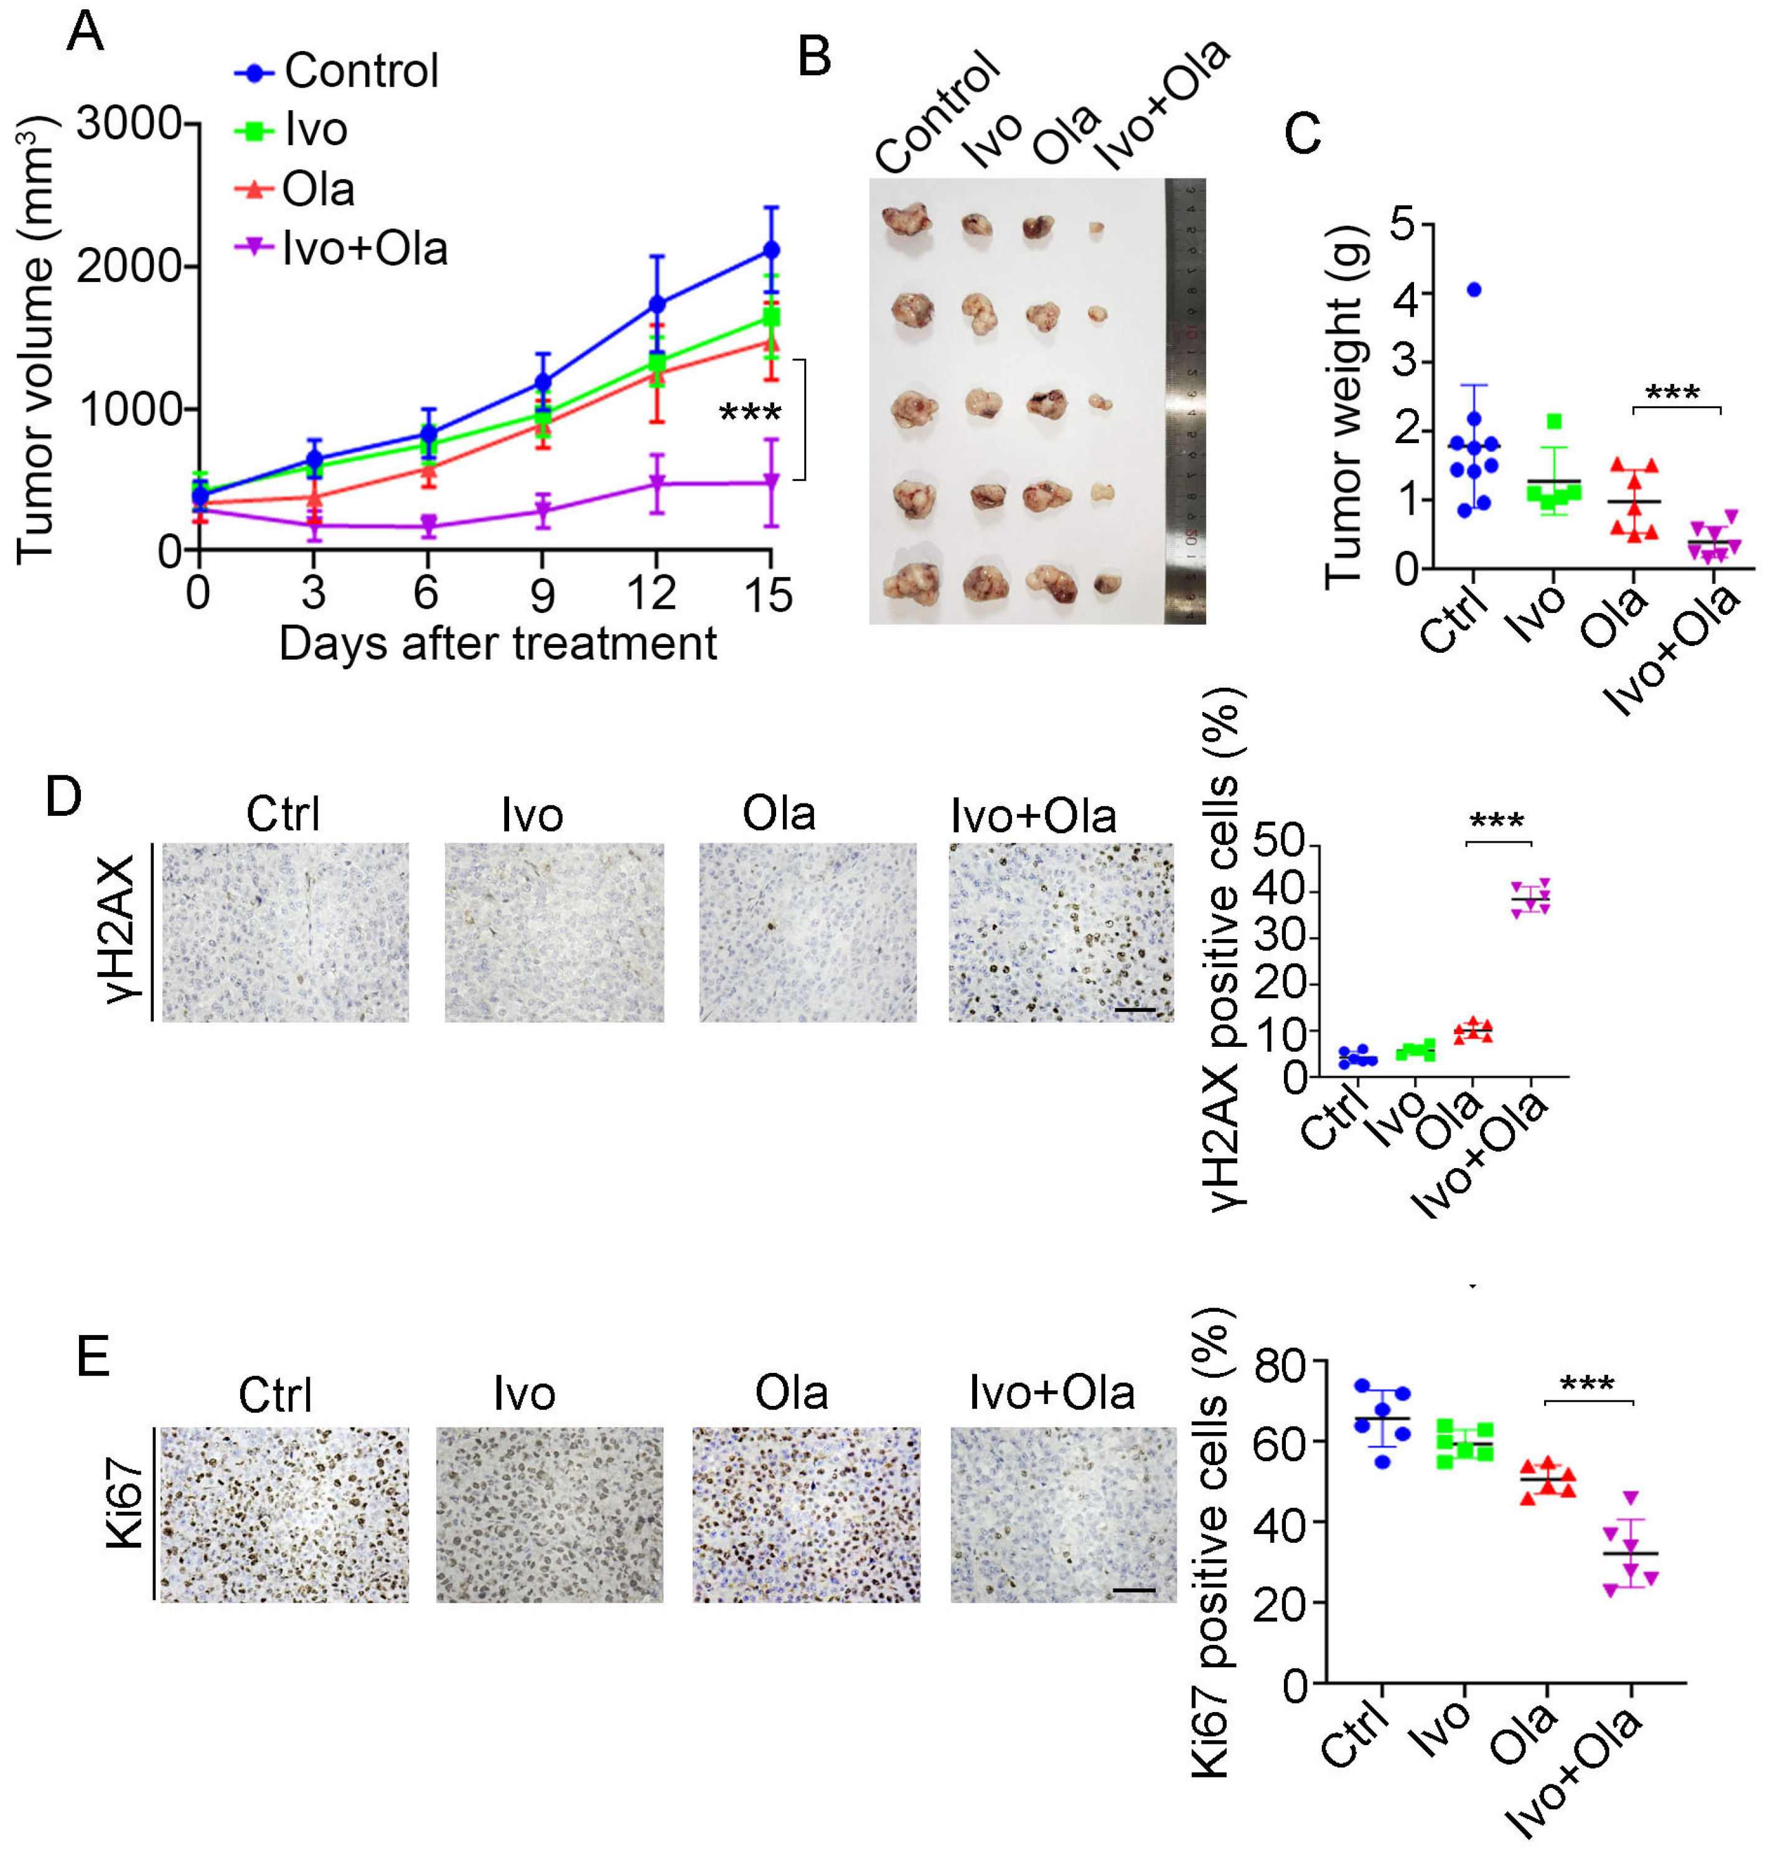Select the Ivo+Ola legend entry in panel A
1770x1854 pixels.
[364, 249]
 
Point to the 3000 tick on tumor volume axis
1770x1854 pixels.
[129, 124]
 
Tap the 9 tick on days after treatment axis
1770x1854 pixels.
[541, 594]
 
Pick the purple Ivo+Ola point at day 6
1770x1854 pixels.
[428, 525]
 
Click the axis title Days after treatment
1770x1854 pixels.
[497, 644]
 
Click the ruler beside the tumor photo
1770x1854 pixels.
[1185, 401]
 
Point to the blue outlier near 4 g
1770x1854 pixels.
[1474, 289]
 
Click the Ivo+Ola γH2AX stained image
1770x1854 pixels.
[1061, 932]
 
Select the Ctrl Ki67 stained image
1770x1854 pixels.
[284, 1514]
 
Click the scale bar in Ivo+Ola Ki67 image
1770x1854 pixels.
[1134, 1590]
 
